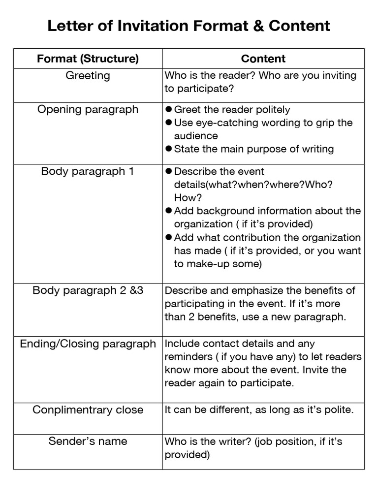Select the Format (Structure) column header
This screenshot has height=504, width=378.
pos(88,59)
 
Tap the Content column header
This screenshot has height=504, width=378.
pos(263,59)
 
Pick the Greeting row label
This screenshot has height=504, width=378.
pos(88,76)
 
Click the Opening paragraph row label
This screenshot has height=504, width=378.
pos(88,109)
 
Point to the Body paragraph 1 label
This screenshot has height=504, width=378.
pos(88,171)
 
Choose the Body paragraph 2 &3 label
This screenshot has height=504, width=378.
pos(88,290)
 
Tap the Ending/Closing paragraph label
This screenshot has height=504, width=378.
pos(88,344)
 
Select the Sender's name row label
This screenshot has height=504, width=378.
pos(88,441)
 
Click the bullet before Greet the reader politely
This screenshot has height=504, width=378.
pos(168,109)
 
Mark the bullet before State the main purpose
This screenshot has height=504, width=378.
pos(168,149)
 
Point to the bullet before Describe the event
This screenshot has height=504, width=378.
pos(168,171)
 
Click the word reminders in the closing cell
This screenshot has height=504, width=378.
pos(188,357)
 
